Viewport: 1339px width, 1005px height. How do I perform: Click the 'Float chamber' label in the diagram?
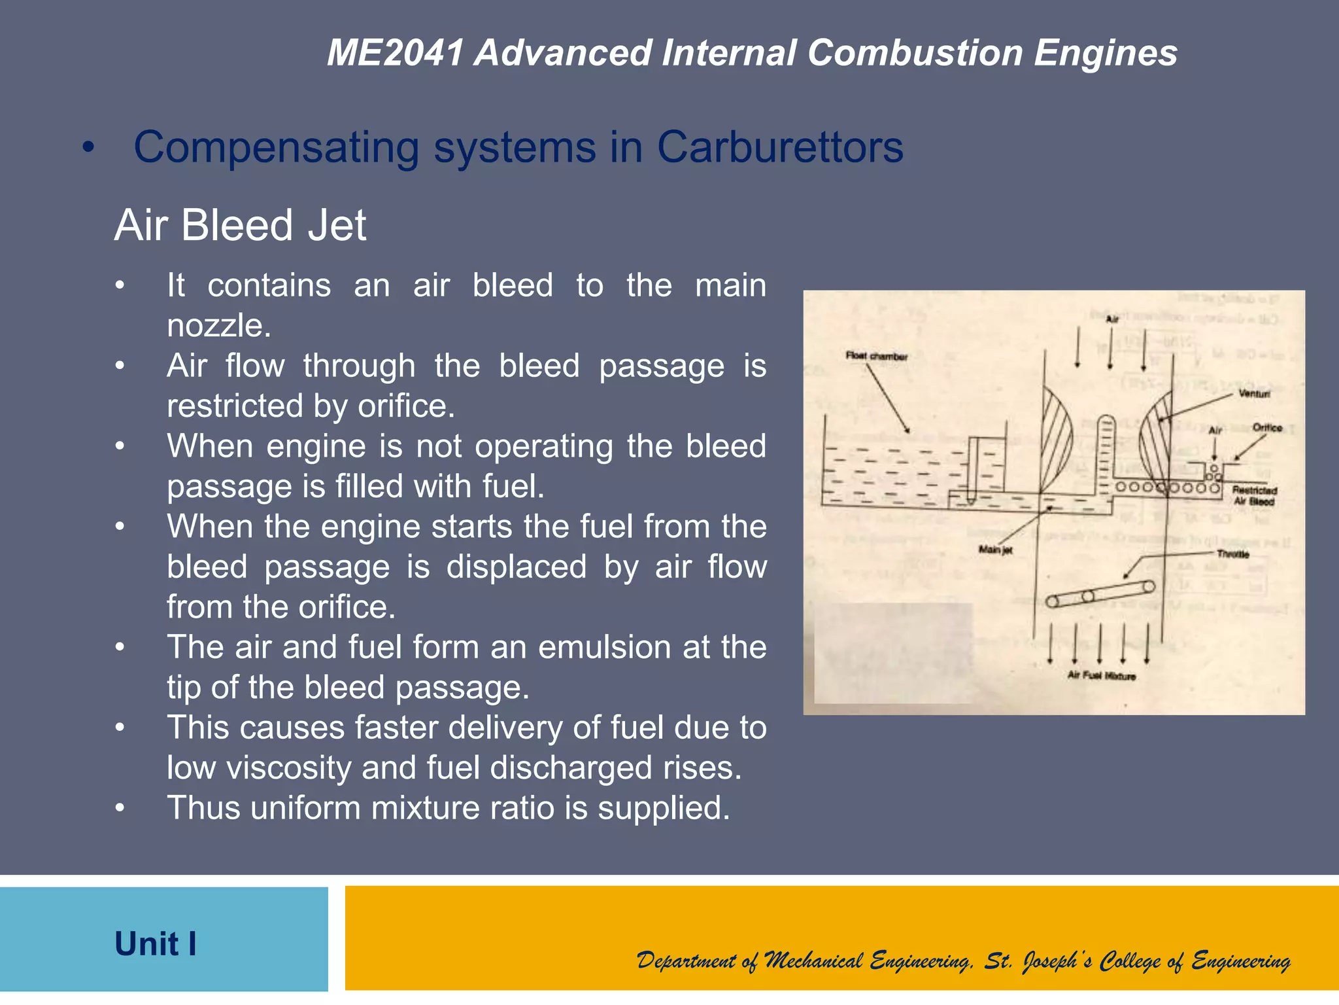click(x=876, y=357)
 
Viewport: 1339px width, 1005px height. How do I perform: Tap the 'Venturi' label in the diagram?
click(x=1253, y=394)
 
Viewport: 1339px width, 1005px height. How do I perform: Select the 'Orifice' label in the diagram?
click(x=1267, y=428)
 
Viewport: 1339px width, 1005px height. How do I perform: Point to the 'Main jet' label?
click(x=995, y=550)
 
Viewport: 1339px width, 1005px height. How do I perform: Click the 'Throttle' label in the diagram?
click(x=1232, y=554)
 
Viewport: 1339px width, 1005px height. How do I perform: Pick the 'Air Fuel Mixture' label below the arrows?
click(x=1101, y=676)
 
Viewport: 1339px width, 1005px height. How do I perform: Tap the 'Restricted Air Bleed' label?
click(x=1254, y=496)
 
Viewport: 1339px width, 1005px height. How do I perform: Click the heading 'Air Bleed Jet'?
click(x=240, y=225)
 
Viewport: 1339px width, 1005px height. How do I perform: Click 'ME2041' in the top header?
click(x=396, y=53)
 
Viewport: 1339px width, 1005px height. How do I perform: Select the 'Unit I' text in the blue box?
click(x=156, y=944)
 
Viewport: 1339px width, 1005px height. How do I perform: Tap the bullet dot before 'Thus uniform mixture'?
click(x=120, y=808)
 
